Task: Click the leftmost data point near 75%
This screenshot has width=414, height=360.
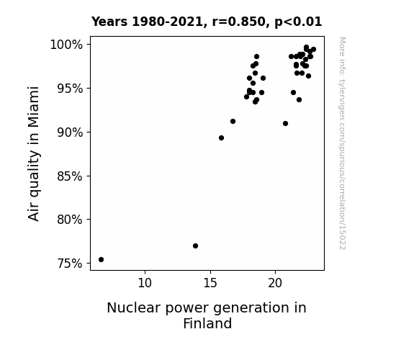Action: (x=101, y=260)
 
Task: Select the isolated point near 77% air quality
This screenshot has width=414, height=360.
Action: (x=195, y=246)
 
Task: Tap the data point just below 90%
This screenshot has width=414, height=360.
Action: (x=221, y=138)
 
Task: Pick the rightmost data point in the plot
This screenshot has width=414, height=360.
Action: (x=313, y=50)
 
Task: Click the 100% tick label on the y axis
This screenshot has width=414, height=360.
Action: (x=66, y=45)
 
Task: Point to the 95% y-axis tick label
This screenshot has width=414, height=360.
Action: (x=70, y=89)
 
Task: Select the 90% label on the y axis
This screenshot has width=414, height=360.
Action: (x=70, y=132)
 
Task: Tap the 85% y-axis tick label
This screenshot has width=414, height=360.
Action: (x=70, y=176)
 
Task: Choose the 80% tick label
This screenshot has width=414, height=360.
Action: (x=70, y=219)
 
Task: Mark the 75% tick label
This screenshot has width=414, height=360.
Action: (x=70, y=264)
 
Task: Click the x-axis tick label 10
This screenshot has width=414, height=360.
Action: (x=145, y=283)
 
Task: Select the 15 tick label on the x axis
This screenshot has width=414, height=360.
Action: (x=210, y=283)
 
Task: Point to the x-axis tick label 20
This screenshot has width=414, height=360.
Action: (x=275, y=283)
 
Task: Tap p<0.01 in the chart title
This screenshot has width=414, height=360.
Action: (x=298, y=22)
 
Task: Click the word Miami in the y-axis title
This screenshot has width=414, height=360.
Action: (x=34, y=107)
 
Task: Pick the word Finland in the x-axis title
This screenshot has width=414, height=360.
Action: (x=207, y=323)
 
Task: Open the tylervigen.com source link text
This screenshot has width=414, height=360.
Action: (x=342, y=143)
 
